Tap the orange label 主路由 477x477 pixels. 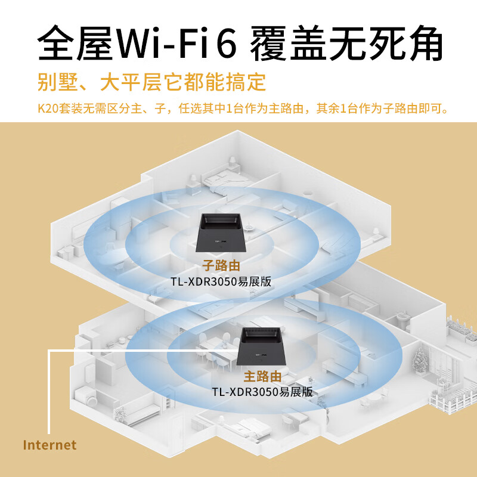[262, 377]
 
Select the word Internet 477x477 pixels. [49, 445]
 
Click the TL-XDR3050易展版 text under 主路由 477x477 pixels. [262, 392]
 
